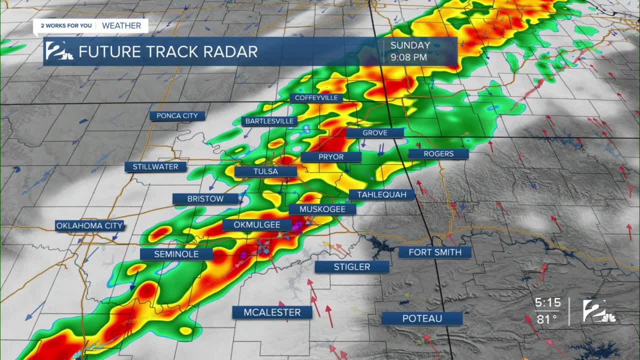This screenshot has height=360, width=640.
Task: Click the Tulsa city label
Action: (265, 171)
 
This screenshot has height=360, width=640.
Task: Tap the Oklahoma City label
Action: (89, 225)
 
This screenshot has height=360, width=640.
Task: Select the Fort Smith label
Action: (434, 252)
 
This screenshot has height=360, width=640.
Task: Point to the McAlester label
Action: (272, 312)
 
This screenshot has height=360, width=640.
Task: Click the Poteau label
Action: (422, 318)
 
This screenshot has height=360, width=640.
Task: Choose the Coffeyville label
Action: (316, 98)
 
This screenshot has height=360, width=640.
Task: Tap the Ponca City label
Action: (177, 116)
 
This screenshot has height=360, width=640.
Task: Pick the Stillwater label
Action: (155, 167)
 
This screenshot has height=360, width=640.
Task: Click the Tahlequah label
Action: (381, 194)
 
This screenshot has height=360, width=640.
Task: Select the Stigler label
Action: (352, 267)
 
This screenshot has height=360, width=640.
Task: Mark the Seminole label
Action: (176, 254)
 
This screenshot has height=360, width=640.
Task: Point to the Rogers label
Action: (438, 154)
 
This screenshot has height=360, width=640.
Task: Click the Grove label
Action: (374, 133)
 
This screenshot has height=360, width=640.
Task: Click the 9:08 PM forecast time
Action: (408, 57)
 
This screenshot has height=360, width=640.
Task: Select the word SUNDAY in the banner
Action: (410, 45)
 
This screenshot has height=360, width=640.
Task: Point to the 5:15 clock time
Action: (547, 303)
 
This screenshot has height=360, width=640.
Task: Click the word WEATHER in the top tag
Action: (121, 25)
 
